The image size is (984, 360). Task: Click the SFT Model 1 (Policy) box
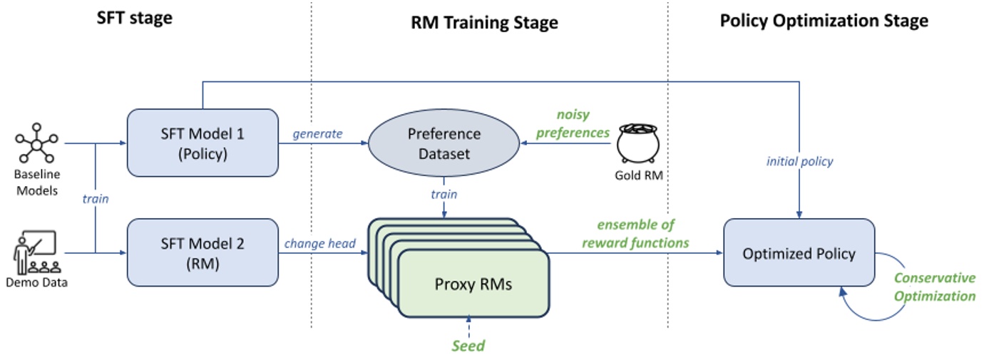pyautogui.click(x=202, y=143)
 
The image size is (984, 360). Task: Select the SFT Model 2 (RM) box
pyautogui.click(x=202, y=252)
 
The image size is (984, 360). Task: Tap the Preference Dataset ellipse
pyautogui.click(x=444, y=143)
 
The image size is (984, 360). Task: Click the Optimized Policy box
pyautogui.click(x=799, y=253)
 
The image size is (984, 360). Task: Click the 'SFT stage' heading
pyautogui.click(x=135, y=19)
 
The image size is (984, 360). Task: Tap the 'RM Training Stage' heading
pyautogui.click(x=484, y=23)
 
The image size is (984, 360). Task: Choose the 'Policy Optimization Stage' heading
pyautogui.click(x=824, y=21)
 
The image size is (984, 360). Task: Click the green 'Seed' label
pyautogui.click(x=468, y=346)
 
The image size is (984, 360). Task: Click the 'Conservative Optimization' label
pyautogui.click(x=935, y=287)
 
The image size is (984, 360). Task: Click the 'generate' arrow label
pyautogui.click(x=318, y=133)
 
